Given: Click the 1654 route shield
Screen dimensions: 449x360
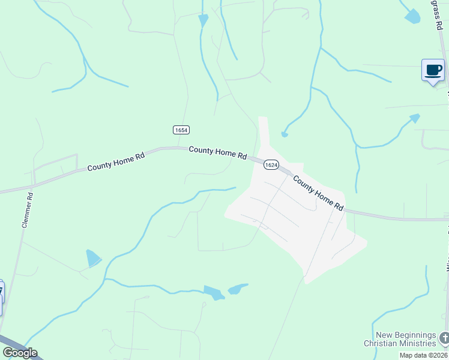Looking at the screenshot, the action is [x=181, y=130].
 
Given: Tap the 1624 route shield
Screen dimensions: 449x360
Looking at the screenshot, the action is [x=271, y=164].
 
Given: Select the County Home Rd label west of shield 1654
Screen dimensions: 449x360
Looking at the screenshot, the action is [x=116, y=161].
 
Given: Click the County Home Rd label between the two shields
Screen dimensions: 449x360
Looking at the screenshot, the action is [x=217, y=152].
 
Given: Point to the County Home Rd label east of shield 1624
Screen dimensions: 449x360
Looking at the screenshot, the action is [x=318, y=193].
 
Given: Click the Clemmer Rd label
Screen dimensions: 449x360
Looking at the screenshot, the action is [x=26, y=210].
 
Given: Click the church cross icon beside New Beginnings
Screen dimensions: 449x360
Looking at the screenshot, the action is [x=444, y=337].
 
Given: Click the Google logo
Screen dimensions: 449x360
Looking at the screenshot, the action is [x=20, y=353].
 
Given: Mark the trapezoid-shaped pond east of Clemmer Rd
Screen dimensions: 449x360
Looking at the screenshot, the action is [x=93, y=258].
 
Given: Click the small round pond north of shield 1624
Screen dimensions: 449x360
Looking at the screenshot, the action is [x=284, y=134].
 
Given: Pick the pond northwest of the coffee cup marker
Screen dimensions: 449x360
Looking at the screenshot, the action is [x=412, y=16].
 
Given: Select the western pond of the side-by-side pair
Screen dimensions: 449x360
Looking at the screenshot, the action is [x=213, y=293].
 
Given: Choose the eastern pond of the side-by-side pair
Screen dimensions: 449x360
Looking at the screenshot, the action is [x=237, y=289].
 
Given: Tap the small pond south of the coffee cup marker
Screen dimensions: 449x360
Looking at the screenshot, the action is [x=414, y=118].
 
